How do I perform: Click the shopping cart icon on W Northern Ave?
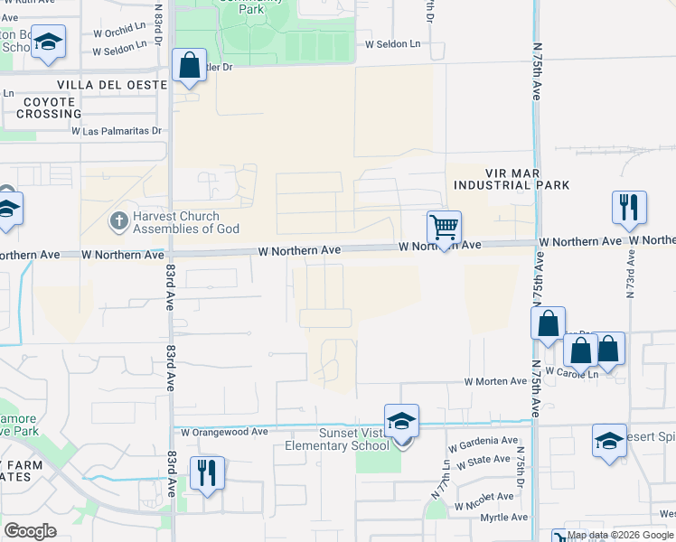[x=444, y=228]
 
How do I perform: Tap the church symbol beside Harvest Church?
[x=118, y=220]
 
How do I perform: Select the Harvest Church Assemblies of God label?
[x=175, y=222]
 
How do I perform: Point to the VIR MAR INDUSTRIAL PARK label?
[x=512, y=179]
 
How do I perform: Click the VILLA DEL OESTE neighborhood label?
[x=112, y=85]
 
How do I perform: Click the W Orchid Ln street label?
[x=119, y=31]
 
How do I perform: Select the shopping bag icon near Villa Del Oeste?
[x=189, y=66]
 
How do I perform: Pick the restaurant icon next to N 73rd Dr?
[x=629, y=208]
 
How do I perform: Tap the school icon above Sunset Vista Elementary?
[x=401, y=421]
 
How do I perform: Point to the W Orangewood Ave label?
[x=224, y=432]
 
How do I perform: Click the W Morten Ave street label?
[x=495, y=382]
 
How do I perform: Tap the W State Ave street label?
[x=482, y=463]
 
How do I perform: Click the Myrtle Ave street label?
[x=503, y=518]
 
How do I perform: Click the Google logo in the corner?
[x=30, y=530]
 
